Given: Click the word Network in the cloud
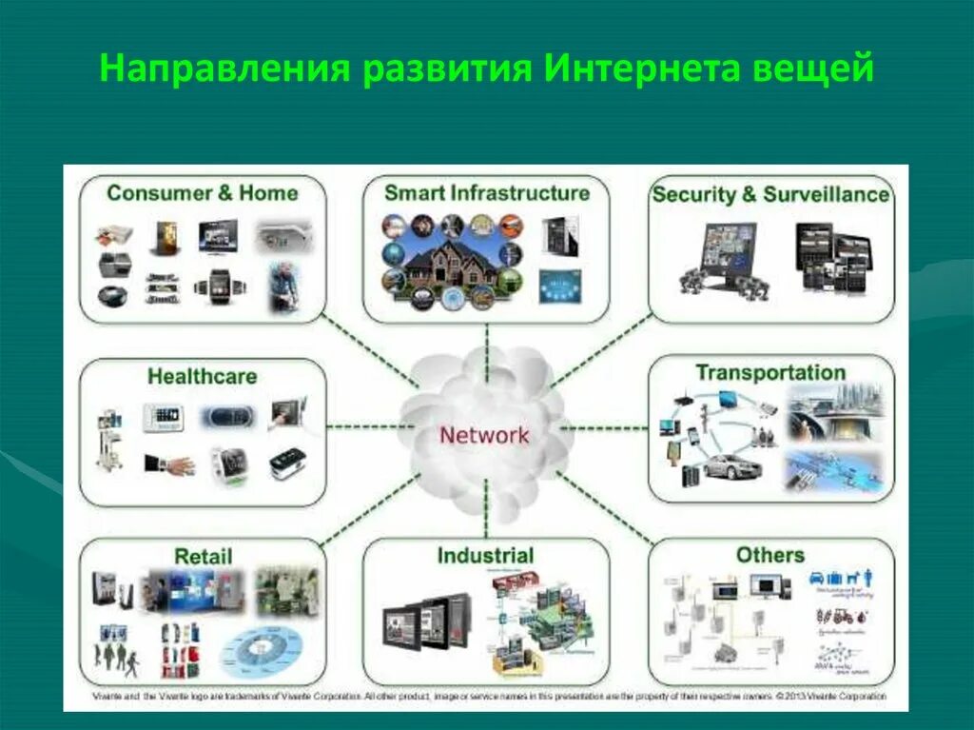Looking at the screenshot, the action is point(483,436).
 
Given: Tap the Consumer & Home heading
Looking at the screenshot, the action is point(202,193).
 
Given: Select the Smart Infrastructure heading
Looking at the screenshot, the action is point(486,193).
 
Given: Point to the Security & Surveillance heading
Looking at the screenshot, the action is point(770,195).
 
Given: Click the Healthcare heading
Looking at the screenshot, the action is point(202,377).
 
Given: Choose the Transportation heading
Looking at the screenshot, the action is point(769,372).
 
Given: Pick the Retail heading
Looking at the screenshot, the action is point(203,556).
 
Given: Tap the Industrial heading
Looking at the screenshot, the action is point(485,556).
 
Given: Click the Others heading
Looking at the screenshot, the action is point(769,555).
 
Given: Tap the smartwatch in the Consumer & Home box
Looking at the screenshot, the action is point(221,284).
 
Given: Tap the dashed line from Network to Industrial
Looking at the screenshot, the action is point(485,508).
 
